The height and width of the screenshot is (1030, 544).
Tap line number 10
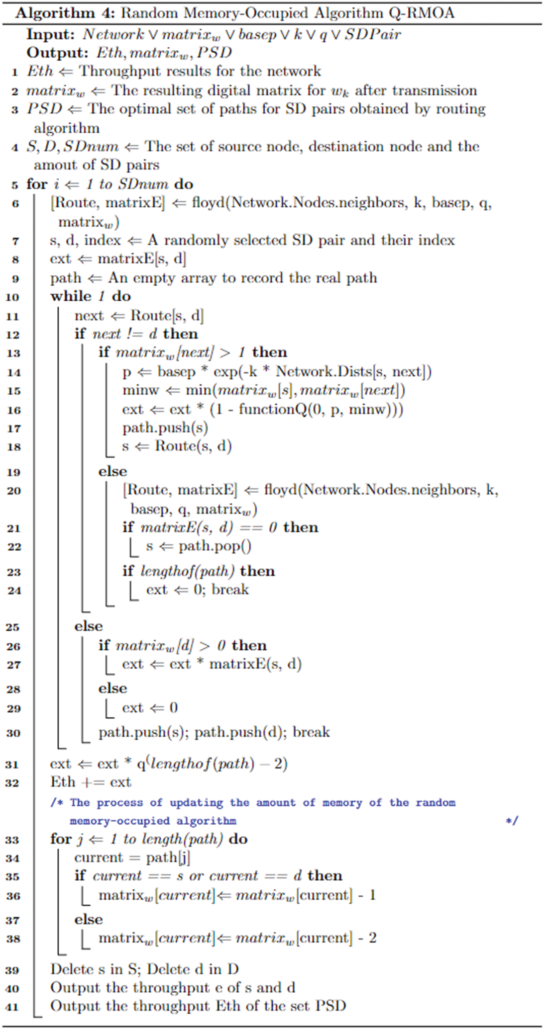tap(12, 297)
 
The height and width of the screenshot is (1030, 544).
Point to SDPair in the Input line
tap(373, 34)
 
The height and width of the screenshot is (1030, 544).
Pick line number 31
tap(12, 765)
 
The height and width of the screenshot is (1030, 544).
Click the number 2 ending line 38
tap(372, 938)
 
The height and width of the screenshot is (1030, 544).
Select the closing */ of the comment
tap(512, 820)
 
